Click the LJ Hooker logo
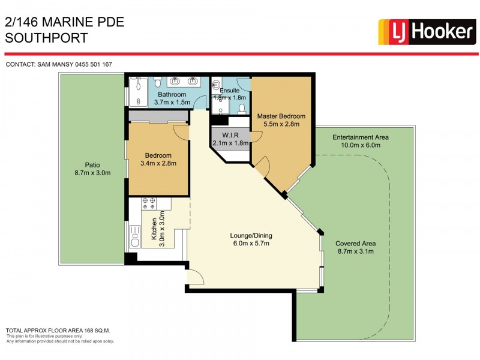[x=426, y=31]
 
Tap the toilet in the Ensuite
[x=242, y=109]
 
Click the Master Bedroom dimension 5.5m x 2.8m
[x=281, y=124]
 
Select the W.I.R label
[x=230, y=134]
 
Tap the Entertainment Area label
[x=361, y=137]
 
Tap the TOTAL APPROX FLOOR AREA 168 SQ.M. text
[x=58, y=331]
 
